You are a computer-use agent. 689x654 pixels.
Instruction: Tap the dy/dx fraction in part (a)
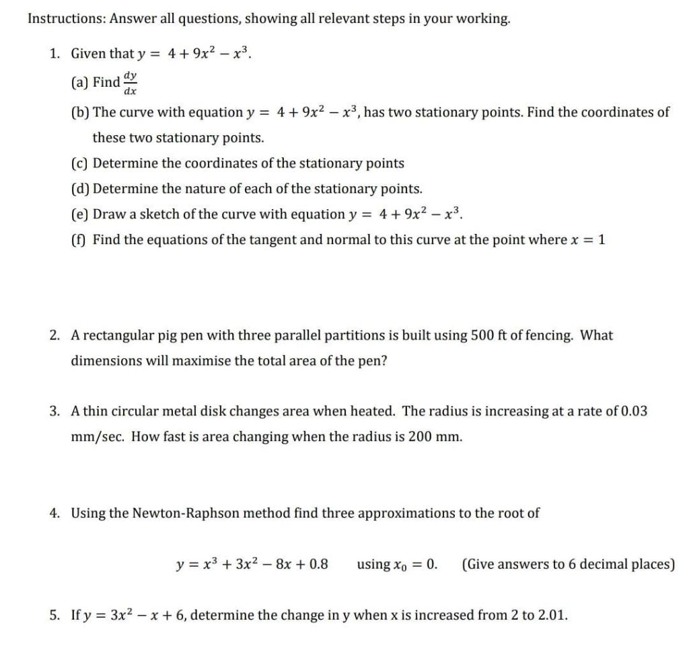pyautogui.click(x=131, y=82)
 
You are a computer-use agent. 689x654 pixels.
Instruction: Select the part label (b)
pyautogui.click(x=80, y=112)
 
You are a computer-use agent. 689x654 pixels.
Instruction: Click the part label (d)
pyautogui.click(x=80, y=189)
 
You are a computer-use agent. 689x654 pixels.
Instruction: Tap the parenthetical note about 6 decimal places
pyautogui.click(x=568, y=564)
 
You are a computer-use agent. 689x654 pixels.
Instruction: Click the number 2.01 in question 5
pyautogui.click(x=552, y=614)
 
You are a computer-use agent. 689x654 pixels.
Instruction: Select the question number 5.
pyautogui.click(x=55, y=614)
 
